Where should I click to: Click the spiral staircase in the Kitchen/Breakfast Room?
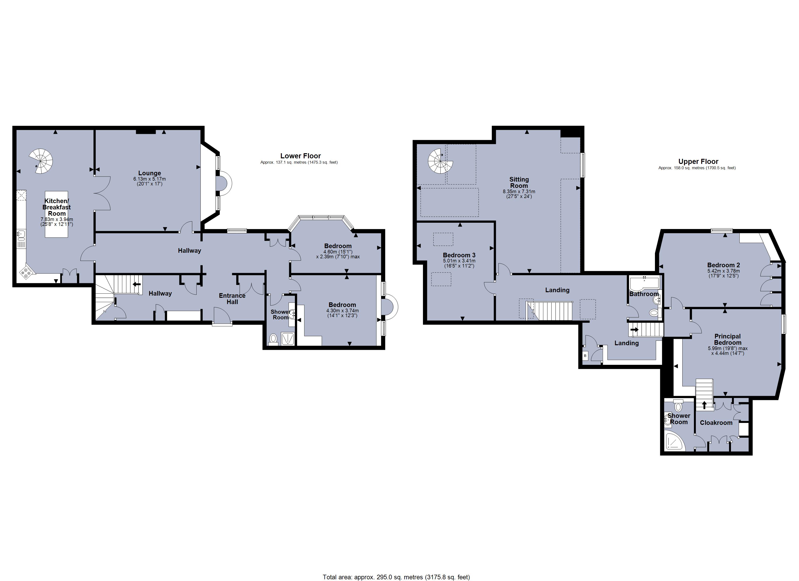coord(41,161)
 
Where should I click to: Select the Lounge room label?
coord(149,173)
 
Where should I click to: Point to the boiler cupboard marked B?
coord(585,356)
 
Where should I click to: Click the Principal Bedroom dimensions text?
coord(728,351)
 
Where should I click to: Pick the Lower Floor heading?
coord(300,156)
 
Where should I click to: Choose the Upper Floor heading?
coord(698,161)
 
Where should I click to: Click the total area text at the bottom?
coord(396,577)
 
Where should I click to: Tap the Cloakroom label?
coord(716,422)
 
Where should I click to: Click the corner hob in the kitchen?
coord(27,272)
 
